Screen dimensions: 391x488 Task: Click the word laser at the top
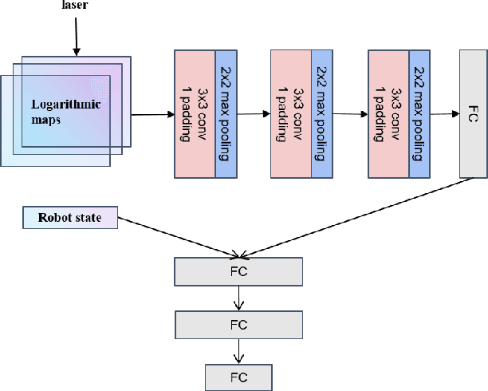(x=75, y=6)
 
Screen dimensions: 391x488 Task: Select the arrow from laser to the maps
(x=76, y=37)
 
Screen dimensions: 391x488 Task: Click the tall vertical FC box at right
(x=473, y=113)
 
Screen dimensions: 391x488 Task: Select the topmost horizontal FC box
(x=238, y=272)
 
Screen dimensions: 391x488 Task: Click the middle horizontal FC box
(x=238, y=324)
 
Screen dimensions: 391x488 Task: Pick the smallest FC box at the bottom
(x=238, y=376)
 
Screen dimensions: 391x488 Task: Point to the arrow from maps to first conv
(x=152, y=115)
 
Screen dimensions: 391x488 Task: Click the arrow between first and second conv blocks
(x=254, y=114)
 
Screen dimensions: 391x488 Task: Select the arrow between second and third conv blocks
(x=350, y=114)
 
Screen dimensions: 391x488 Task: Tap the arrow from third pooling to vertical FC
(x=444, y=114)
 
